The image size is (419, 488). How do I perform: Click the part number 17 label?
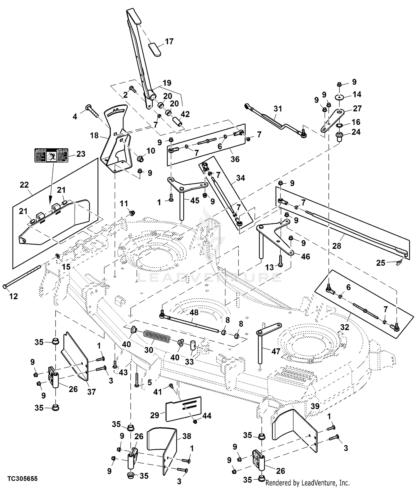click(169, 42)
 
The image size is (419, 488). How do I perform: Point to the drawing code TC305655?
click(22, 479)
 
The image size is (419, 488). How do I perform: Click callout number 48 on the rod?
click(194, 312)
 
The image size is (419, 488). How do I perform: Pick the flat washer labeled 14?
click(339, 97)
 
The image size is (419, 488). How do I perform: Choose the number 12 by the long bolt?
click(13, 296)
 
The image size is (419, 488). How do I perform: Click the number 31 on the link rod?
click(278, 108)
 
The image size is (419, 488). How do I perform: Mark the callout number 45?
click(195, 200)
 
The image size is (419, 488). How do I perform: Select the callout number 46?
click(305, 256)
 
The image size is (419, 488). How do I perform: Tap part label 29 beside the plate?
click(154, 415)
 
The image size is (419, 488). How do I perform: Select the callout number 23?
click(81, 154)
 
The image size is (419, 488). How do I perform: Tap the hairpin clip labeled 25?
click(400, 262)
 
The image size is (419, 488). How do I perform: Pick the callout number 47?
click(276, 351)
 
